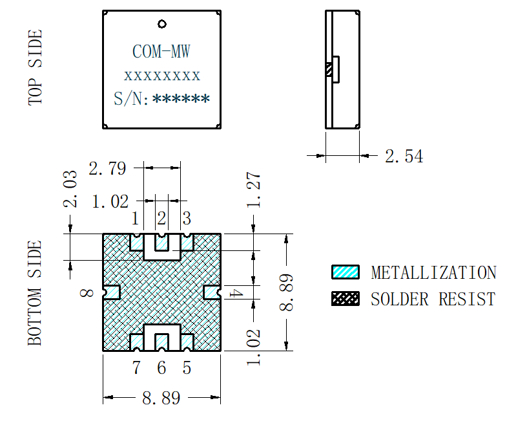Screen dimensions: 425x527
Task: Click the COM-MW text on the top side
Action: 161,52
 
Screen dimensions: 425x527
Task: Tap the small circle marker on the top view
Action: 162,25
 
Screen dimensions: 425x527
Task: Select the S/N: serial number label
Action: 132,99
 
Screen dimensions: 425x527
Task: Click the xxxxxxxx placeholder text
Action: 162,76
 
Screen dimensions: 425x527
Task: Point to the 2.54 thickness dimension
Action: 404,156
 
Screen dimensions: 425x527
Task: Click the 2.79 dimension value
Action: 108,169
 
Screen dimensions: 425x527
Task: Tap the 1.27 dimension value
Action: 254,190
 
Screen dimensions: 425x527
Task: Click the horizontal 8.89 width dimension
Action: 161,398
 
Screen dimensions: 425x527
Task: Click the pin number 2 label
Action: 161,217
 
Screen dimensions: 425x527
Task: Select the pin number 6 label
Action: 161,368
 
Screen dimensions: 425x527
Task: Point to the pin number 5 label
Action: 187,368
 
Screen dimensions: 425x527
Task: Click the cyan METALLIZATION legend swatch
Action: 345,272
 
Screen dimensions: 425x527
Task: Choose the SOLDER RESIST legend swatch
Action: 345,299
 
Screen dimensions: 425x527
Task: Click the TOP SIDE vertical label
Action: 36,67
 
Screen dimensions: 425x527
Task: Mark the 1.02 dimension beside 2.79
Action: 110,201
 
